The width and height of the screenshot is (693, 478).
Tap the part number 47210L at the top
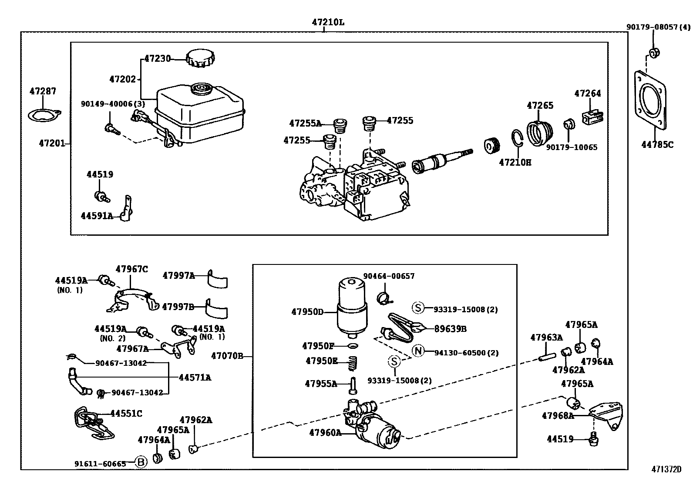[327, 22]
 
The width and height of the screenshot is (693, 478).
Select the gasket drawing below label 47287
[44, 115]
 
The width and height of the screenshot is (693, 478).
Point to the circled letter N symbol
[418, 351]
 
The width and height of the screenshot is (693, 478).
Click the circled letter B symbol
[141, 462]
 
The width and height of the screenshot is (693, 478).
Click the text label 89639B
[450, 329]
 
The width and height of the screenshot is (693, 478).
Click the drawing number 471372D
[666, 469]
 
